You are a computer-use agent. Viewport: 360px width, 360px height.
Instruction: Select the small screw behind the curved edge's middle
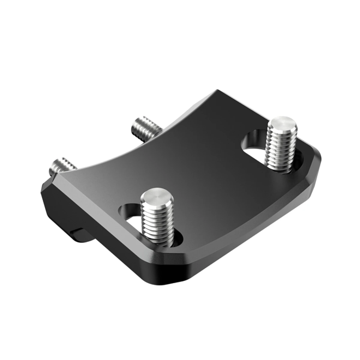pyautogui.click(x=143, y=128)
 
